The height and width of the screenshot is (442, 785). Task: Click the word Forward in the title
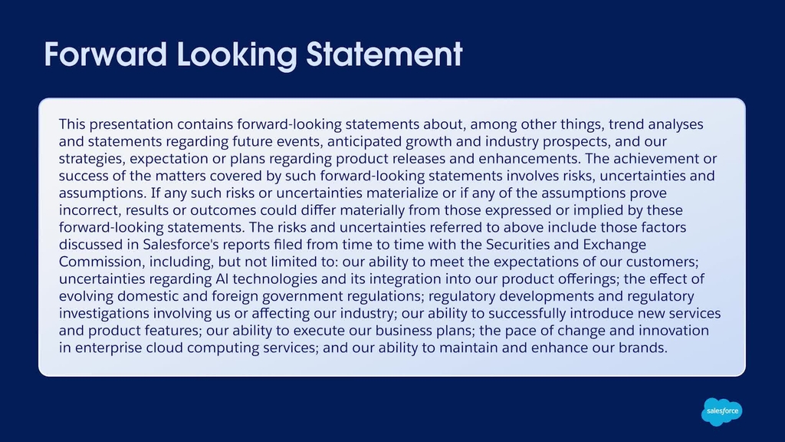coord(106,54)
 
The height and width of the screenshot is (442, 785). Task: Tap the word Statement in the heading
coord(384,54)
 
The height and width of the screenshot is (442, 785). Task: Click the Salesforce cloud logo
coord(722,411)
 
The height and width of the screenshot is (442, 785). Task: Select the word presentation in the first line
coord(130,125)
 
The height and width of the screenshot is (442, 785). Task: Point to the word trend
coord(626,124)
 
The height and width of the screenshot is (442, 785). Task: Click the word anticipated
coord(364,142)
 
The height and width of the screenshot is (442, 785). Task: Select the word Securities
coord(516,245)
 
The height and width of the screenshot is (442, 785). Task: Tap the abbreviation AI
coord(222,279)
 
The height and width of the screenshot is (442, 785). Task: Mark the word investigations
coord(104,314)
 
